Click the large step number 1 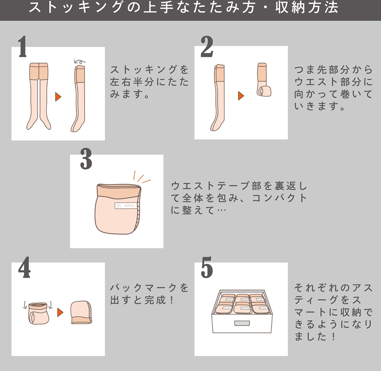coord(22,47)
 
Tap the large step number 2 coord(207,47)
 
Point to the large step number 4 coord(24,267)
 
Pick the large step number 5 coord(207,267)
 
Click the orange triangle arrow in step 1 coord(58,97)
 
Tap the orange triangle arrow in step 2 coord(241,96)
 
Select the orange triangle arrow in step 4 coord(60,312)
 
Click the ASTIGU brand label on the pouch coord(126,206)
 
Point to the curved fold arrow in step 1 coord(80,61)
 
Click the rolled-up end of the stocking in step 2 coord(264,92)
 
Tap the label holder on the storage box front coord(242,323)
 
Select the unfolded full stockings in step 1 coord(39,96)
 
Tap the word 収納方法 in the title coord(307,7)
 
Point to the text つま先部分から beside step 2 coord(333,70)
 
